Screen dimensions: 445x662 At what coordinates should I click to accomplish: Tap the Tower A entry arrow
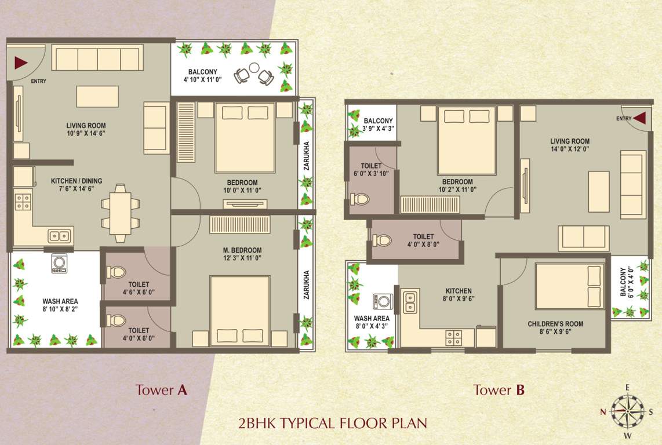point(21,62)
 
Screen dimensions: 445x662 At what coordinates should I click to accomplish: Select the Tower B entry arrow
point(639,118)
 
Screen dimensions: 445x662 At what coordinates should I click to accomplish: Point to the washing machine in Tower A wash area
point(59,263)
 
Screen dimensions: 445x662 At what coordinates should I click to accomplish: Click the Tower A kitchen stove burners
point(23,202)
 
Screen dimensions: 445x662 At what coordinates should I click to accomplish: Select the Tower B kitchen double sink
point(410,301)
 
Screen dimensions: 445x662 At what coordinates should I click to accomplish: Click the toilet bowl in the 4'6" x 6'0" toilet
point(117,271)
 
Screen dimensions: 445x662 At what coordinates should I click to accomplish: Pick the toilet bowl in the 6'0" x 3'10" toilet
point(360,199)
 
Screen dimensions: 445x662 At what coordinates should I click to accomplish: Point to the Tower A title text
point(161,390)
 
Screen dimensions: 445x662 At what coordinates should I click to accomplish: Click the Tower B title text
point(499,390)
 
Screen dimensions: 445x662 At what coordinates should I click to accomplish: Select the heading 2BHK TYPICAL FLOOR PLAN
point(332,423)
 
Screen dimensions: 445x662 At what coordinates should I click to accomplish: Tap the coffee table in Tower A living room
point(97,96)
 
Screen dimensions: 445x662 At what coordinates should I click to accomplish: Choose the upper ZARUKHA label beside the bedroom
point(306,156)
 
